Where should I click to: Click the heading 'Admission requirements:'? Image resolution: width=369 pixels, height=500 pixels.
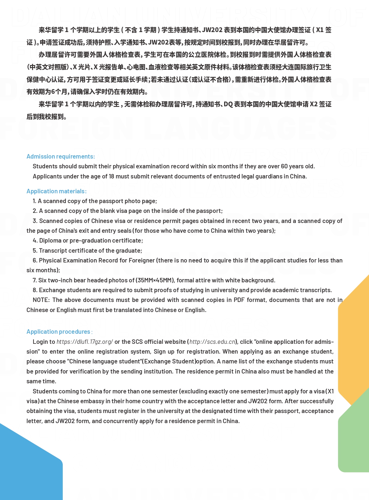click(61, 156)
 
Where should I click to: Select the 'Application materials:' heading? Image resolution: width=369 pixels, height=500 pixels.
click(56, 191)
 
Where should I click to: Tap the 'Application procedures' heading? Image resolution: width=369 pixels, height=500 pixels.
click(58, 332)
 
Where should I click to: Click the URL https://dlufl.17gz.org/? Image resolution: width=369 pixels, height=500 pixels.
click(85, 342)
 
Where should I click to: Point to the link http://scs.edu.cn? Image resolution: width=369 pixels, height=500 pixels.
click(213, 342)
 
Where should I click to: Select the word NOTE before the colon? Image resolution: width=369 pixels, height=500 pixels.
click(41, 300)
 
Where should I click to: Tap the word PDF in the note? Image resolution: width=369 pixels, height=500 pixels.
click(239, 300)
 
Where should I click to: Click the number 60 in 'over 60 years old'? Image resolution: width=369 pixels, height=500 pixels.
click(285, 166)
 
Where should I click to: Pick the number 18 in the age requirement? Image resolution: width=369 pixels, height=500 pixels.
click(112, 176)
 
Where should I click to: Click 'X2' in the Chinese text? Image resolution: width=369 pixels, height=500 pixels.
click(314, 104)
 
